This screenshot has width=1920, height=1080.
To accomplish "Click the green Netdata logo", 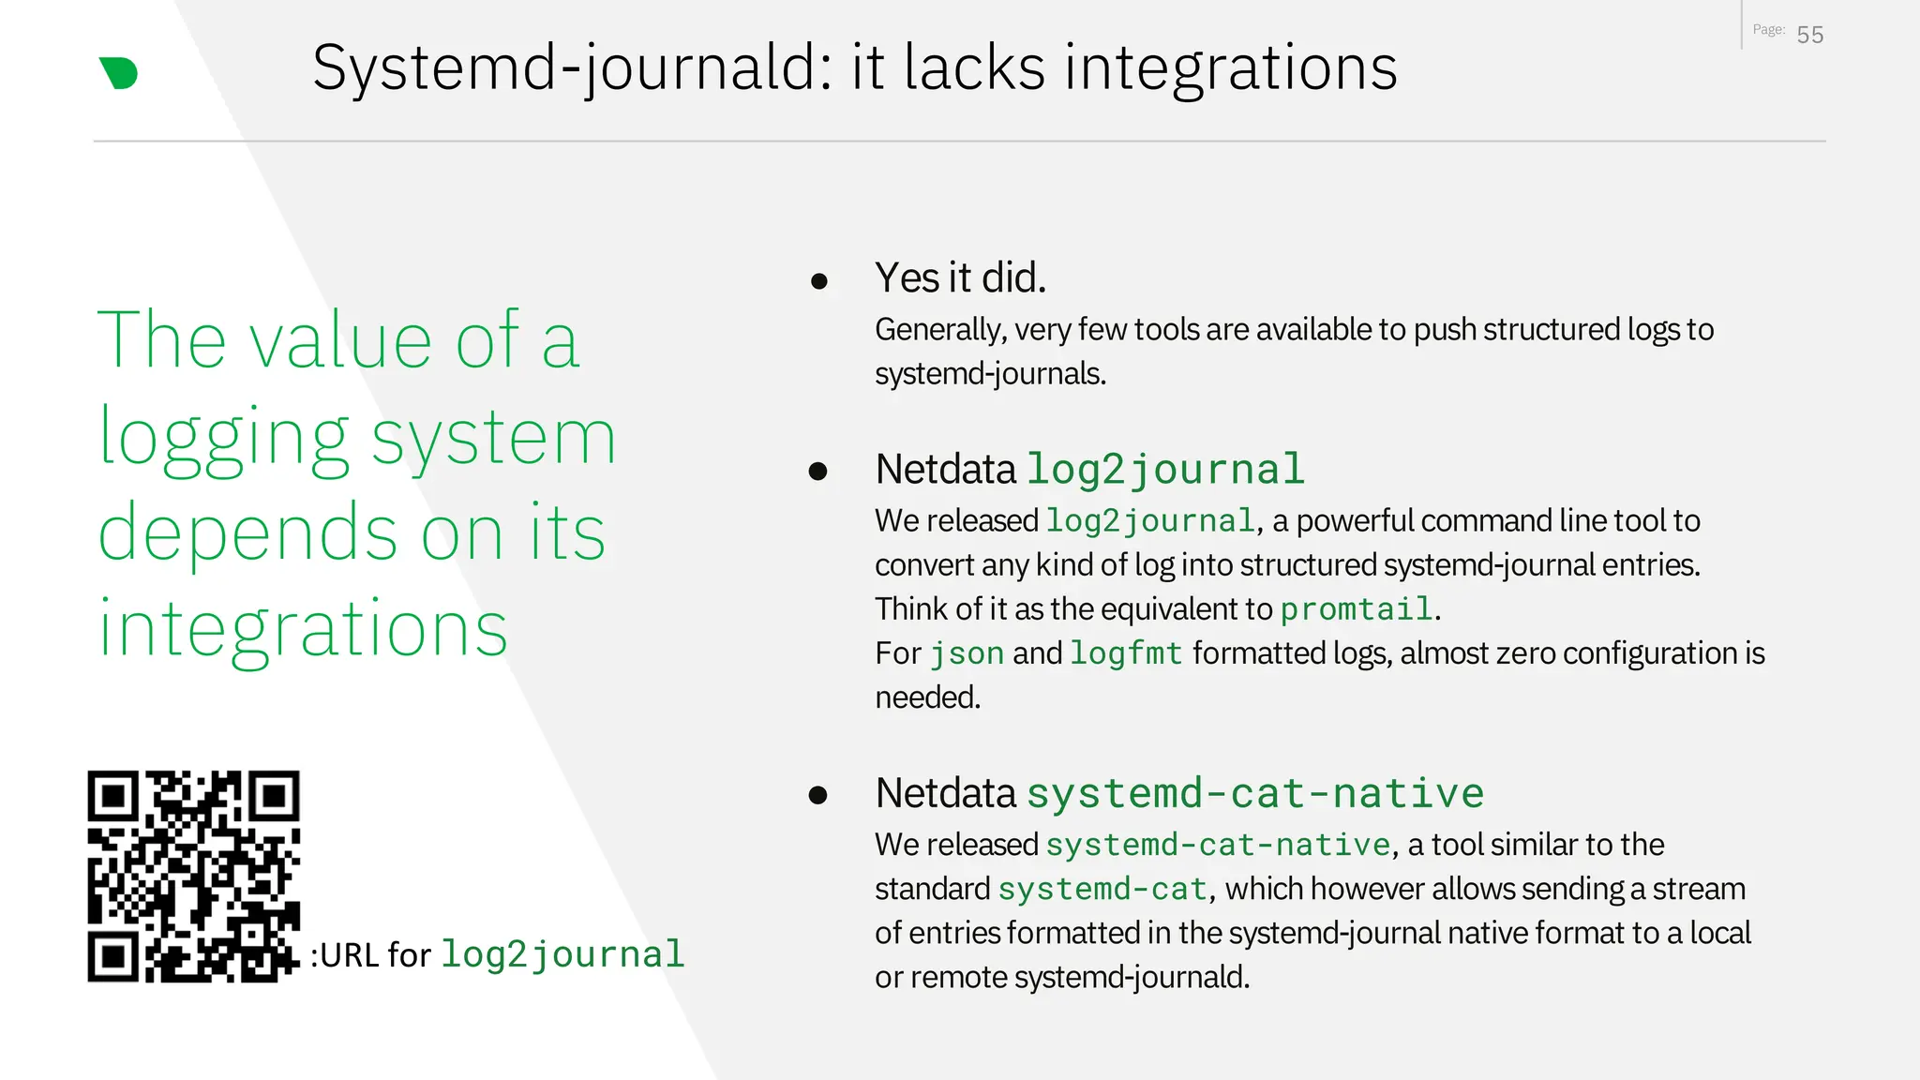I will [119, 73].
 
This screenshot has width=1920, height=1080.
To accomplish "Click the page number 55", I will [1809, 36].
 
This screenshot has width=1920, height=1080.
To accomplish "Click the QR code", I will [194, 877].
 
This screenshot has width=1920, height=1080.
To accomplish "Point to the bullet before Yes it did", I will [819, 280].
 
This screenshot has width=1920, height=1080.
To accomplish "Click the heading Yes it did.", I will [960, 277].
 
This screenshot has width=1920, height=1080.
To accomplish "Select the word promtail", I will [1357, 609].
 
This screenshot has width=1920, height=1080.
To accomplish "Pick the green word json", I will [967, 653].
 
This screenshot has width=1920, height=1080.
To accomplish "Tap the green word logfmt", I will [1126, 653].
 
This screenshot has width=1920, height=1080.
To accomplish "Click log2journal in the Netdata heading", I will [1165, 470].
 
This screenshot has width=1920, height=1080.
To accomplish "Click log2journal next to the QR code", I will [562, 954].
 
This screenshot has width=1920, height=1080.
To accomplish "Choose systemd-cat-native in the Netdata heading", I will [1255, 793].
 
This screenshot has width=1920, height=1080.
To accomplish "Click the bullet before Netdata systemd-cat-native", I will [818, 796].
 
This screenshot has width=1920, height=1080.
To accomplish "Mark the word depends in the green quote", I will [249, 532].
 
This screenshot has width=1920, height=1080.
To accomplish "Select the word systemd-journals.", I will [990, 374].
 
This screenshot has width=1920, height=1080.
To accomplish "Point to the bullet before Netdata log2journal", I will [818, 472].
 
